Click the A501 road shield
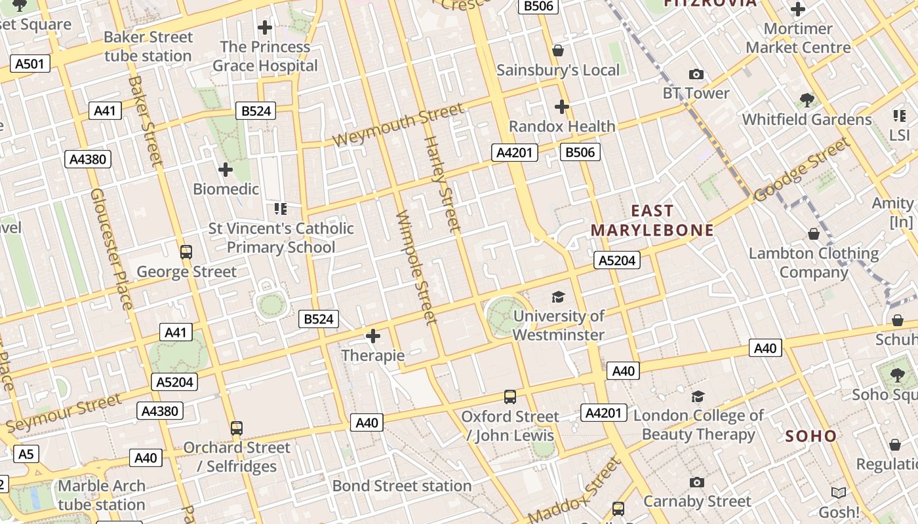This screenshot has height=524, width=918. click(30, 64)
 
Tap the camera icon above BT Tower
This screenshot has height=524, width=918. click(696, 75)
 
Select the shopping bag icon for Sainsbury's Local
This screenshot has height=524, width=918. click(558, 50)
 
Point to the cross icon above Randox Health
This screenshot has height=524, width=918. click(562, 107)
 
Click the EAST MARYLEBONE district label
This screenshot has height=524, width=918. click(652, 220)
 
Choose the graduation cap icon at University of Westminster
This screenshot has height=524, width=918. click(558, 297)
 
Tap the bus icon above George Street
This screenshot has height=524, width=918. click(186, 252)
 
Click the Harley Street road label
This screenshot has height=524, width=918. click(442, 183)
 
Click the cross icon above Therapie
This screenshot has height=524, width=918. click(373, 337)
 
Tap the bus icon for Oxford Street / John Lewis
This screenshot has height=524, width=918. click(510, 397)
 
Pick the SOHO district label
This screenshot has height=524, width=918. click(811, 436)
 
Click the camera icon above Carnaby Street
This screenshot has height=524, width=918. click(697, 483)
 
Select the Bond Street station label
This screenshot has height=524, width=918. click(402, 486)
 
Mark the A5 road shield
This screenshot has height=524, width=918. click(26, 454)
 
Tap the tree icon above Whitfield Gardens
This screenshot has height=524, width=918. click(807, 100)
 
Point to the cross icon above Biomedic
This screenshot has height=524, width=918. click(226, 170)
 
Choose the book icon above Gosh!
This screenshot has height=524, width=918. click(839, 493)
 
